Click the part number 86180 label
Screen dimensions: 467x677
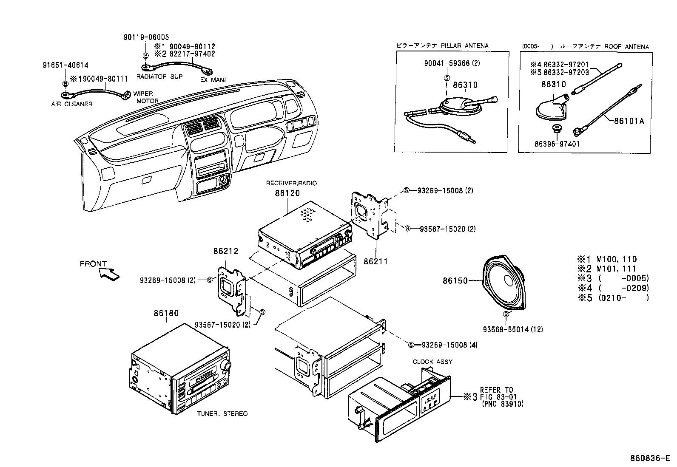(x=166, y=314)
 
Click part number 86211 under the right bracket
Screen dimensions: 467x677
(x=375, y=262)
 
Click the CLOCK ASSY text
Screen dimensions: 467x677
(x=432, y=362)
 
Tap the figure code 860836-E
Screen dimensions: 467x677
(x=651, y=459)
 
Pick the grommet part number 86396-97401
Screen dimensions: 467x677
(x=557, y=144)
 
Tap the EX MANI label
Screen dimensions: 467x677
(x=213, y=79)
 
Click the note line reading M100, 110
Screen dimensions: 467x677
(x=612, y=259)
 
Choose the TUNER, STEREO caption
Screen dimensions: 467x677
(x=222, y=413)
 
